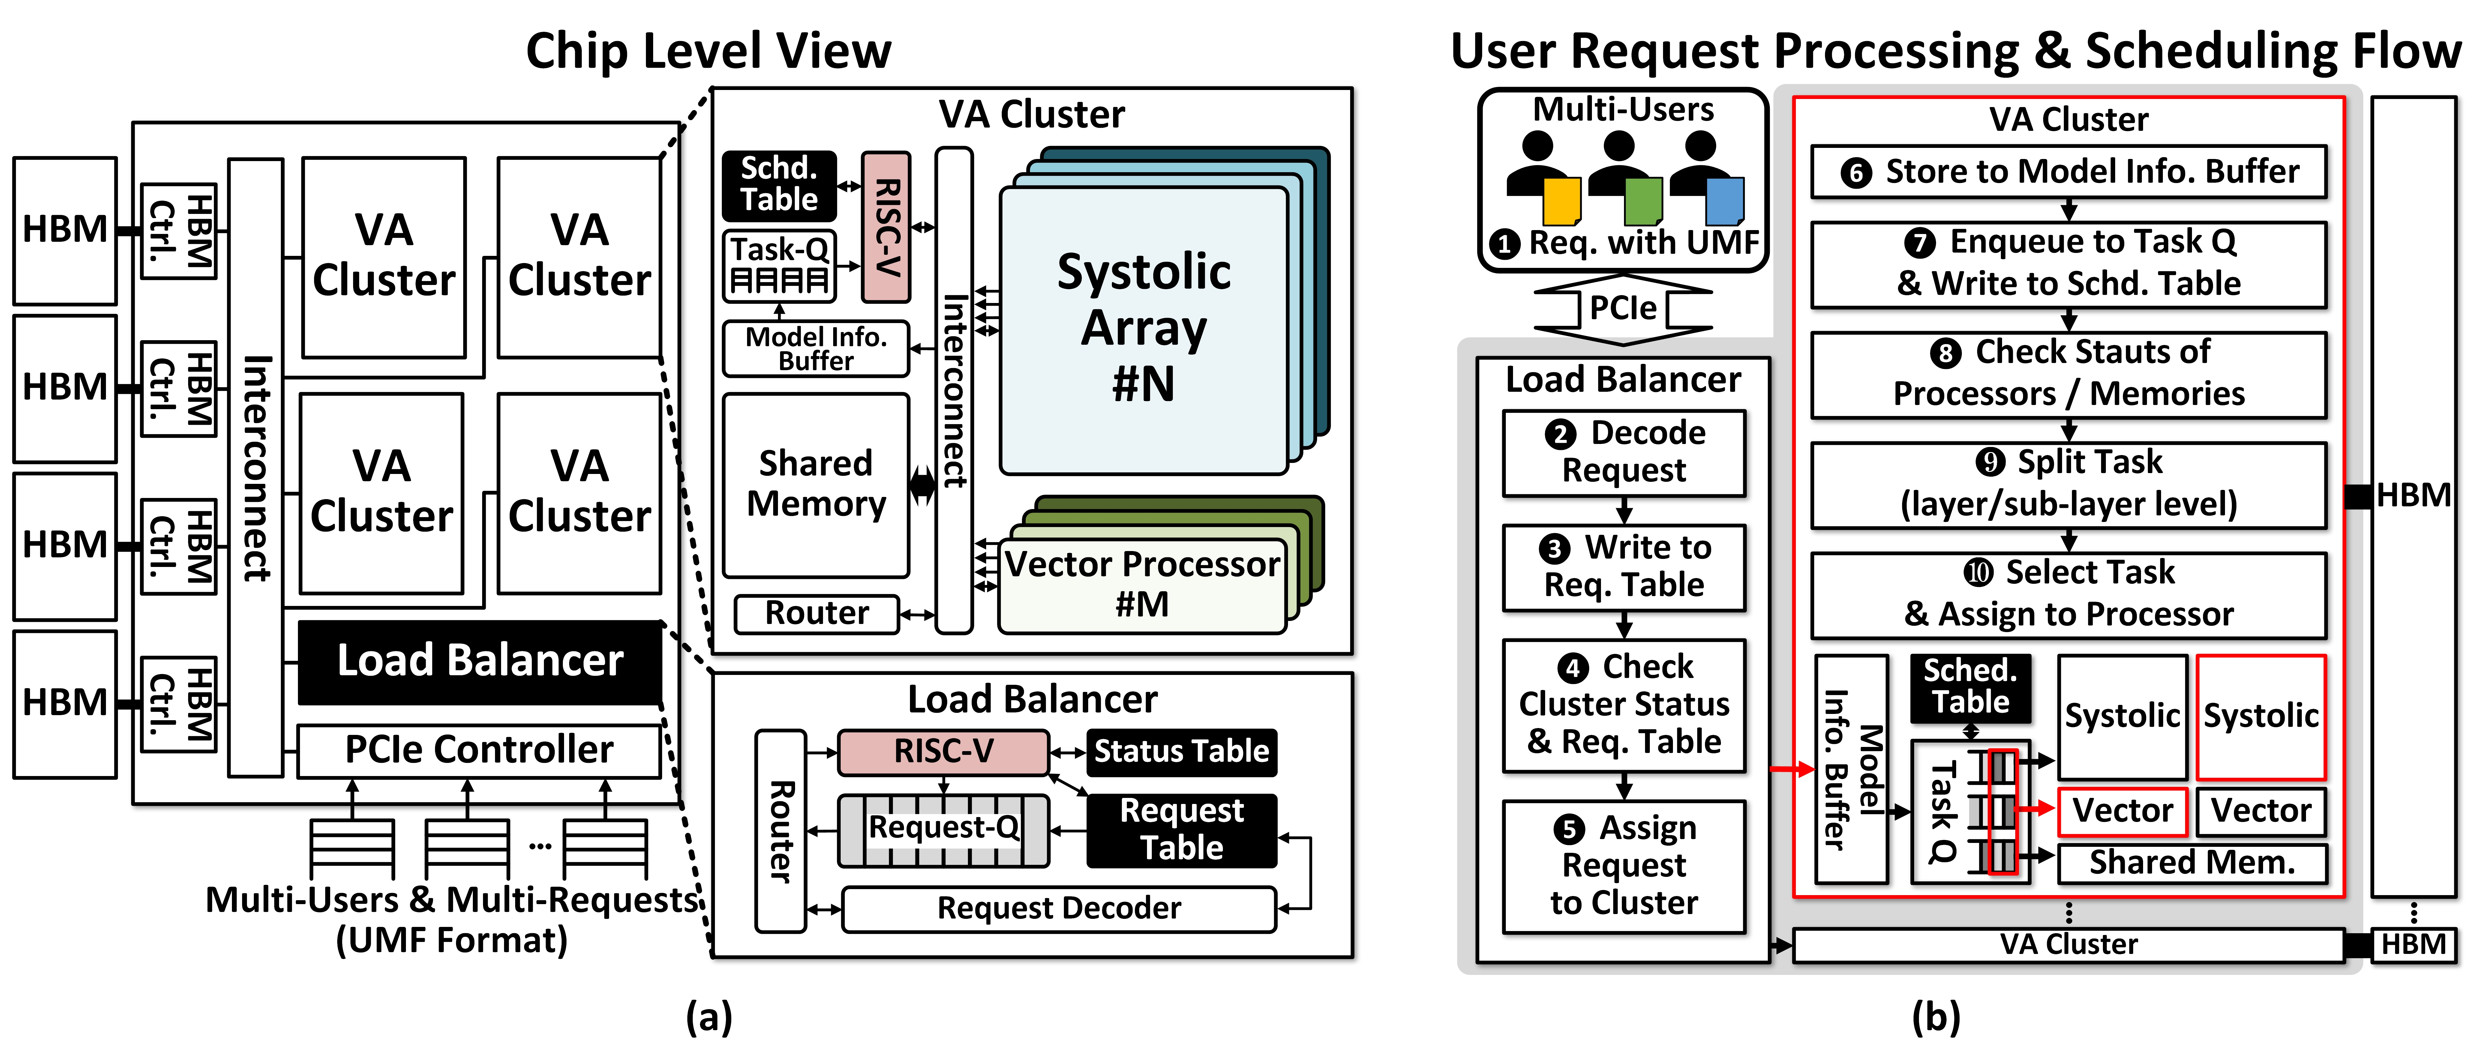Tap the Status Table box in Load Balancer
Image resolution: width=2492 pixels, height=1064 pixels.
point(1181,751)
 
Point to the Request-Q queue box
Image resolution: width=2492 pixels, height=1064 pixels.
point(943,829)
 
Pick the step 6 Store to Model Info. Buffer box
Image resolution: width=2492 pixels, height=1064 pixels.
point(2068,172)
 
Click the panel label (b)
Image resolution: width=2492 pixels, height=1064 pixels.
point(1936,1018)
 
